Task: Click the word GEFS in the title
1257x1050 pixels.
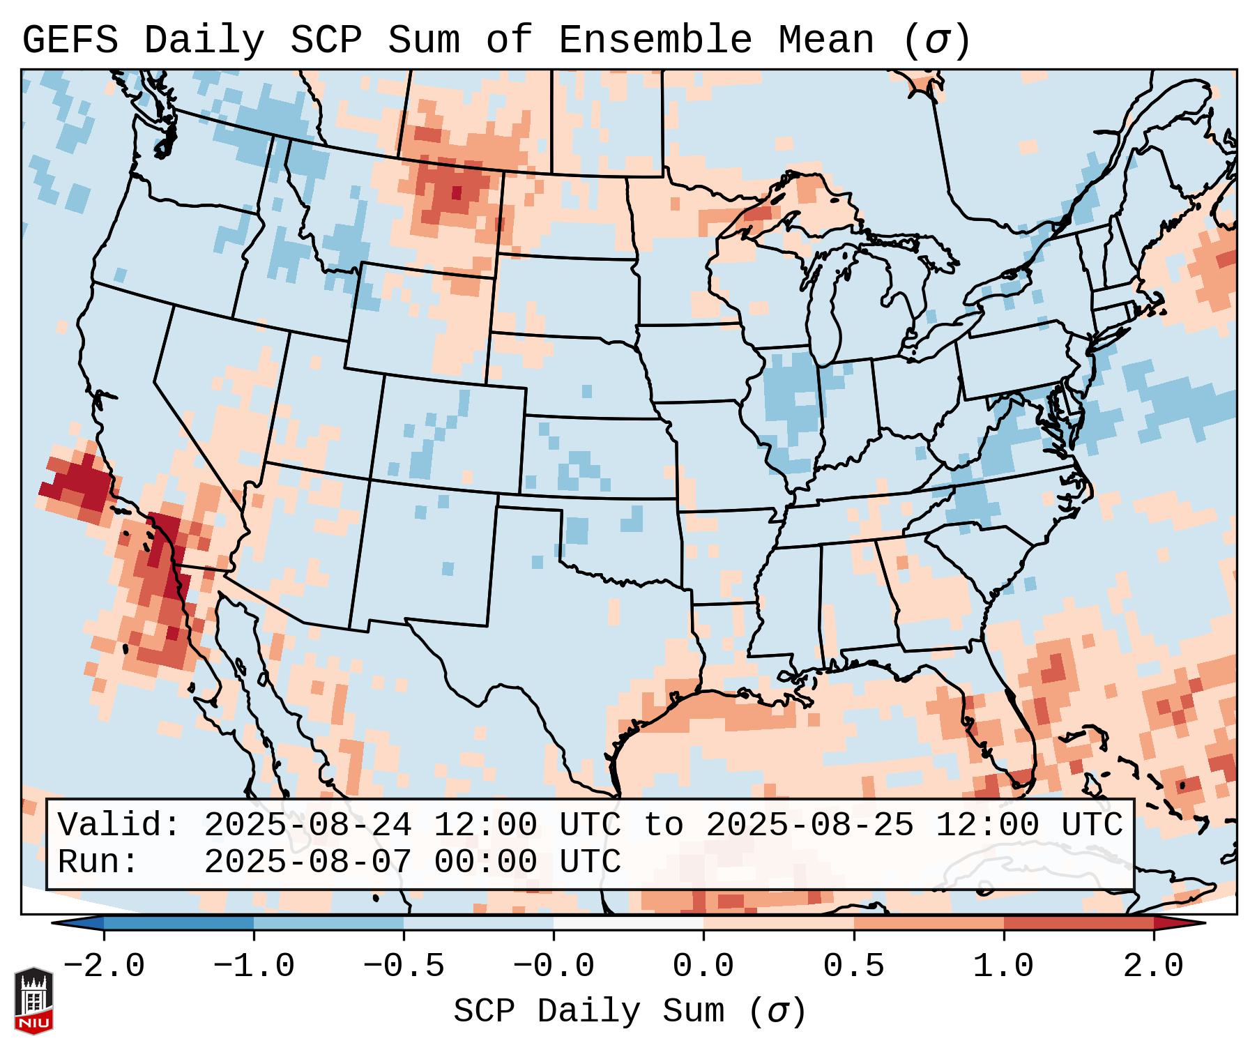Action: click(x=70, y=40)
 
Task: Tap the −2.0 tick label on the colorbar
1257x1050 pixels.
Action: click(x=103, y=966)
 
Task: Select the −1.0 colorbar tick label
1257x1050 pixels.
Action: click(x=253, y=966)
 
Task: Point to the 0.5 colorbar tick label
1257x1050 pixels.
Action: click(x=853, y=966)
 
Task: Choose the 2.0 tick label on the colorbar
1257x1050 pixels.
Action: click(x=1153, y=966)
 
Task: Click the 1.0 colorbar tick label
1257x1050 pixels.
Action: click(x=1003, y=966)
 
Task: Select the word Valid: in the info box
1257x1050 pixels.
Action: click(x=119, y=825)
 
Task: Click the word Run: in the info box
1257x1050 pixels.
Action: click(x=98, y=862)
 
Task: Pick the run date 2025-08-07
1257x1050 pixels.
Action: click(x=307, y=862)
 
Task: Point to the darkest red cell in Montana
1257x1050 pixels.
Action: click(x=456, y=192)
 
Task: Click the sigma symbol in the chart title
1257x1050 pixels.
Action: click(x=936, y=40)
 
